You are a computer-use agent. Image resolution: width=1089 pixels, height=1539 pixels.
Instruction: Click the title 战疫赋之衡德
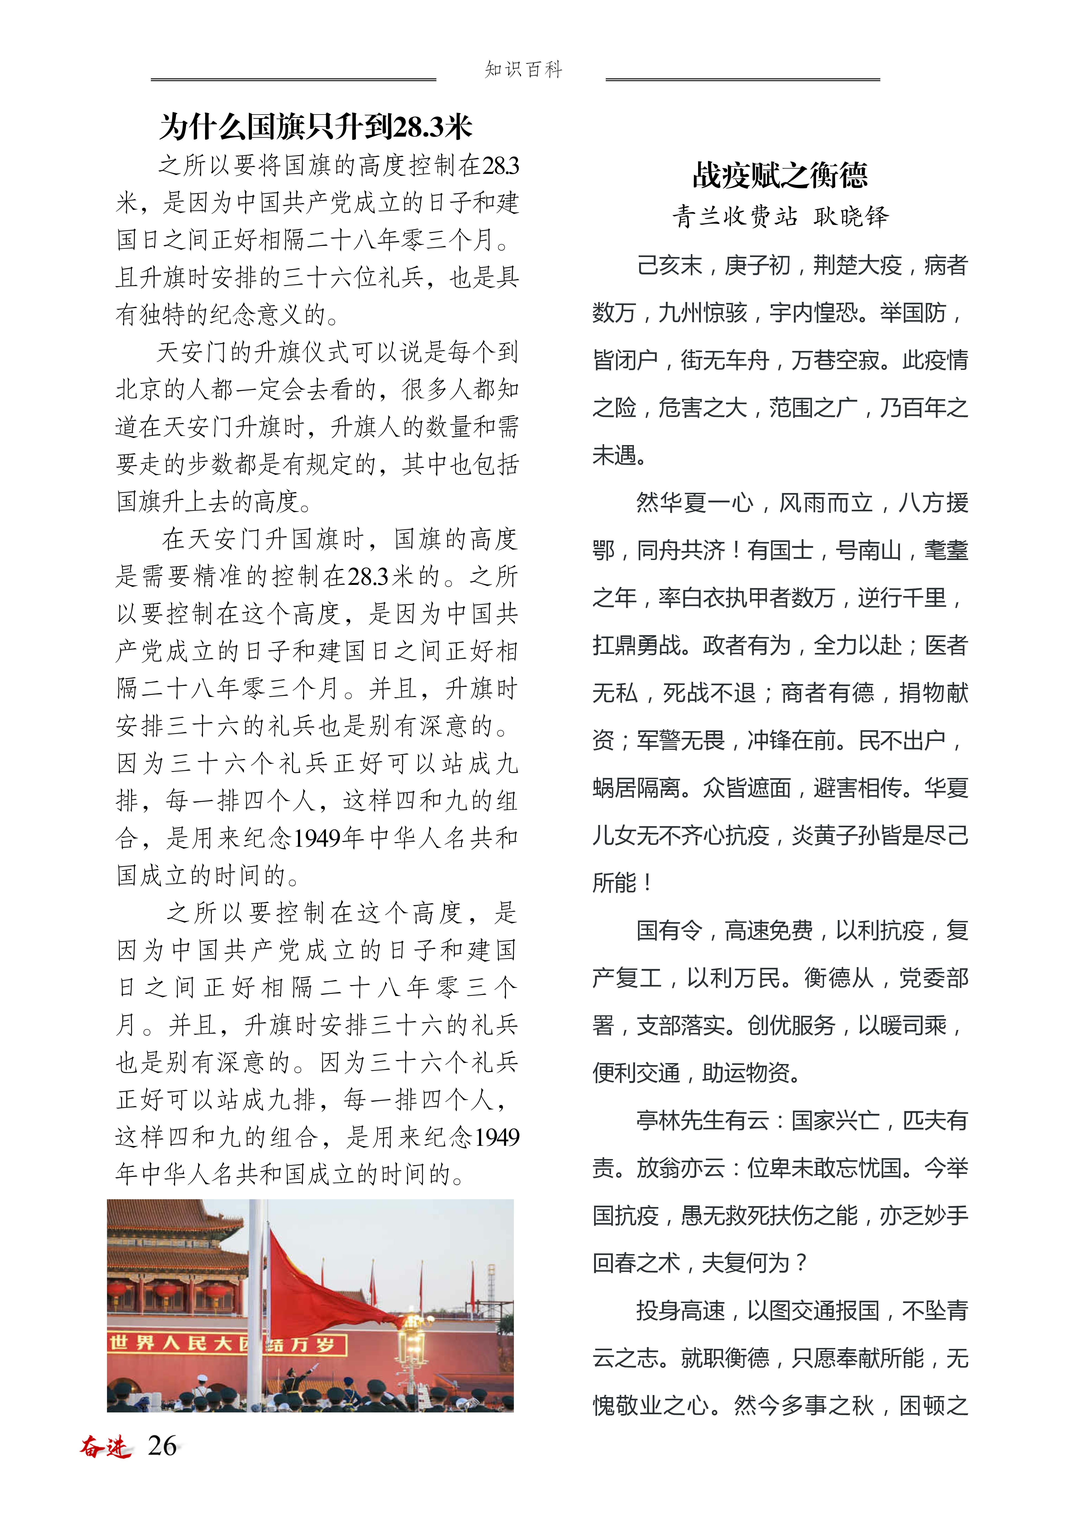click(x=780, y=176)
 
